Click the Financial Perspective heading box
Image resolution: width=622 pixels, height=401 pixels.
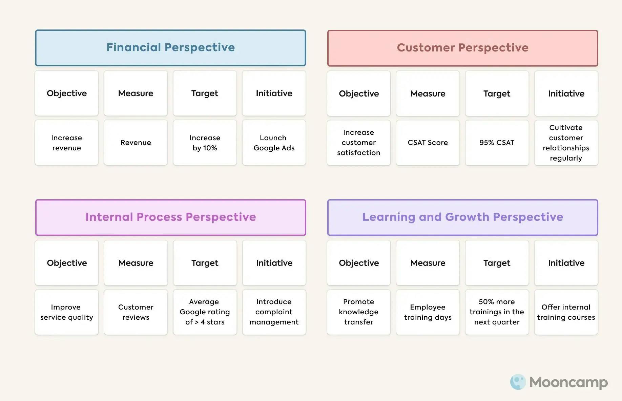(x=170, y=48)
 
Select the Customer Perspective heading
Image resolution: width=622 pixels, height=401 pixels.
(x=462, y=48)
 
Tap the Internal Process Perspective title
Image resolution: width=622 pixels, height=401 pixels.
(x=170, y=217)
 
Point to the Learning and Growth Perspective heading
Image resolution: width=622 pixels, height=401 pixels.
(x=462, y=217)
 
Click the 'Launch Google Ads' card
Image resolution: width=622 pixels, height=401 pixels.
(x=274, y=143)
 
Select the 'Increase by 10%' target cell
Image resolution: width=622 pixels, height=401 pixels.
(x=205, y=143)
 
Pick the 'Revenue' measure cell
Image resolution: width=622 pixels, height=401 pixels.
(x=136, y=143)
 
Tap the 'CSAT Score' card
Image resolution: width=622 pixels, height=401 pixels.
(x=428, y=143)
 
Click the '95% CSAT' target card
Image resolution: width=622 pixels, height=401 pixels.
(x=497, y=143)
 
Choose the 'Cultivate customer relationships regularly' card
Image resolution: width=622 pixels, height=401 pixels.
(x=566, y=143)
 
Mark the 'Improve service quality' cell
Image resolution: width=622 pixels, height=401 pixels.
(x=67, y=312)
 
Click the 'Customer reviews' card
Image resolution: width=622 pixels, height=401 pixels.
(x=136, y=312)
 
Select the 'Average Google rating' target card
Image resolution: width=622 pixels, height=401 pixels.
(x=205, y=312)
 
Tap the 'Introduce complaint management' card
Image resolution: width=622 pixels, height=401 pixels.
(x=274, y=312)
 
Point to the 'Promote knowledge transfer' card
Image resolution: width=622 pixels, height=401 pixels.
(x=359, y=312)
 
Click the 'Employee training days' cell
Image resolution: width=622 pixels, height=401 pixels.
(x=428, y=312)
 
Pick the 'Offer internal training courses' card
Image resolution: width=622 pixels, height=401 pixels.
(x=566, y=312)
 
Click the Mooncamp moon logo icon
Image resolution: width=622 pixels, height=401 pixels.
(x=518, y=382)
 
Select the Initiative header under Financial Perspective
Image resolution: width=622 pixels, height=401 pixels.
(x=274, y=93)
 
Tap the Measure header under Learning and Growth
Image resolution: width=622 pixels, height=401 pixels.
(x=428, y=263)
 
